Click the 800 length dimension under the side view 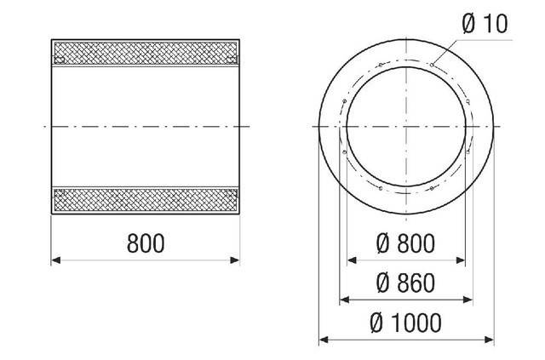pyautogui.click(x=145, y=244)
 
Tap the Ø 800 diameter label pyautogui.click(x=404, y=244)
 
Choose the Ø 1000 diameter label pyautogui.click(x=404, y=323)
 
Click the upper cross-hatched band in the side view pyautogui.click(x=145, y=53)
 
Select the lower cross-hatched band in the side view pyautogui.click(x=145, y=201)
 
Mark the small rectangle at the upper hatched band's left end pyautogui.click(x=60, y=58)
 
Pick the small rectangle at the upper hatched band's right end pyautogui.click(x=231, y=58)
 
